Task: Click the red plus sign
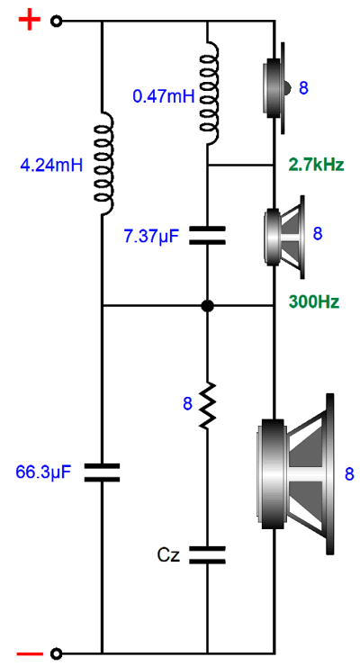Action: [29, 21]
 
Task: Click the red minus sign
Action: [29, 653]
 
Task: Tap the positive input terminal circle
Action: [56, 21]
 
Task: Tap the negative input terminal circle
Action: [56, 653]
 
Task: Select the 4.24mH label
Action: [51, 165]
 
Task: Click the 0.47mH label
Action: [164, 96]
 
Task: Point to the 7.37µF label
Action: [151, 237]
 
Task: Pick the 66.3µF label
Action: [43, 472]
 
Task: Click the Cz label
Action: [168, 554]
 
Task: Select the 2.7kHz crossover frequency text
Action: [317, 165]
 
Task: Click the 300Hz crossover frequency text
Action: [314, 302]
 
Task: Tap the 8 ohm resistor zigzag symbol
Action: [207, 404]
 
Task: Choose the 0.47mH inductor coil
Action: [209, 93]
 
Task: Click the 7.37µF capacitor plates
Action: [207, 235]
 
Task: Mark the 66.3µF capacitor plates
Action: [102, 472]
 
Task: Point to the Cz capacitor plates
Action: [207, 554]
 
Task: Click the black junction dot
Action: [207, 305]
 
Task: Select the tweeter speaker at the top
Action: [277, 88]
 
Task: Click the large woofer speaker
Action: [296, 474]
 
